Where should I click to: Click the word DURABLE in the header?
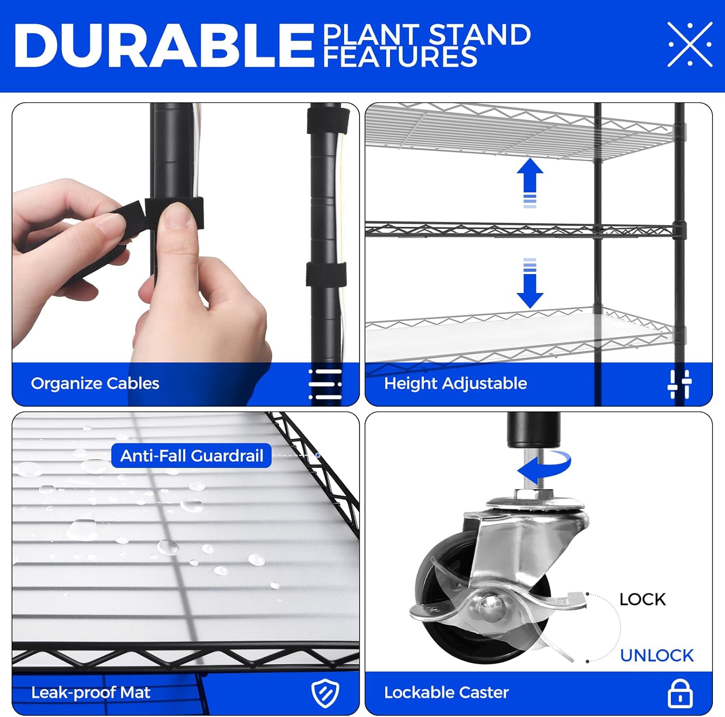tap(165, 45)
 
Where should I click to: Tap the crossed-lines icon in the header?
tap(690, 44)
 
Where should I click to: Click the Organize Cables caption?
tap(95, 383)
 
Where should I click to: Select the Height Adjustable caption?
tap(455, 383)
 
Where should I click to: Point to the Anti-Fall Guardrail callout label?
tap(191, 455)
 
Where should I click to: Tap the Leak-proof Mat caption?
tap(91, 692)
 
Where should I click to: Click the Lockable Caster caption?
tap(447, 692)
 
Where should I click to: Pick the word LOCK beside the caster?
tap(642, 600)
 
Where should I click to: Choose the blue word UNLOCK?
tap(657, 656)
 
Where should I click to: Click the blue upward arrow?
tap(530, 182)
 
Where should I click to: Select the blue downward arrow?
tap(530, 283)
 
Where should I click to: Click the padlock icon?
tap(680, 693)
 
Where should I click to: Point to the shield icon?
tap(325, 693)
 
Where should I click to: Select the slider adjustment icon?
tap(680, 384)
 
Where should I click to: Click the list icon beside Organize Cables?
tap(325, 384)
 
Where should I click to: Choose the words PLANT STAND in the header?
tap(427, 35)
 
